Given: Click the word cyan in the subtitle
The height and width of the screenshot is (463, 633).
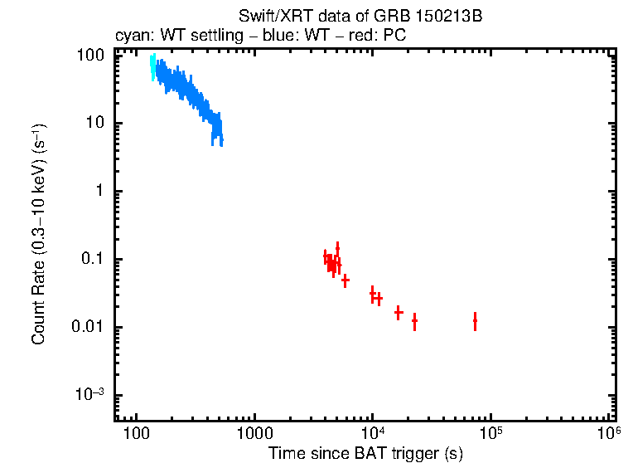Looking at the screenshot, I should point(129,37).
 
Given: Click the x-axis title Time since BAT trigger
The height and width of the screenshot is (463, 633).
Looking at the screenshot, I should point(365,453).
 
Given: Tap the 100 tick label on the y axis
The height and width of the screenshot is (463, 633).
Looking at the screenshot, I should point(90,56).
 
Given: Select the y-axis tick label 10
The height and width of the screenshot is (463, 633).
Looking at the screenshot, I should point(94,124).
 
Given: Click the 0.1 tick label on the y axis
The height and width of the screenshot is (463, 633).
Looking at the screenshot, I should point(93,260).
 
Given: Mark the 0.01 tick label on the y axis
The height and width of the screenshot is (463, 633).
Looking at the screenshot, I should point(88,327).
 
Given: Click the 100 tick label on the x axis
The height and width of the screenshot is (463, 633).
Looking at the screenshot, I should point(135,434).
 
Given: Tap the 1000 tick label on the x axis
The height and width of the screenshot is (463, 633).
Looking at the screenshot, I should point(254,434).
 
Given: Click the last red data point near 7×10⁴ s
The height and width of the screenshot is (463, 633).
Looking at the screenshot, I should point(475,321).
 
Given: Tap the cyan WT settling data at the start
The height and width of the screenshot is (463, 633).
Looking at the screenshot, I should point(152,66).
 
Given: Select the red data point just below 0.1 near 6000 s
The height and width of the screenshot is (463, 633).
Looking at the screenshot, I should point(345,280).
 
